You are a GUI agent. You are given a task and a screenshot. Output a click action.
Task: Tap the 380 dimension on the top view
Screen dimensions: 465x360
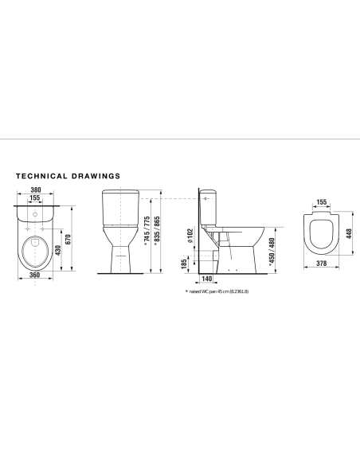36,190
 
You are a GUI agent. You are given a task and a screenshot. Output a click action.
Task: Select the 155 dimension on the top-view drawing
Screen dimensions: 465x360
36,199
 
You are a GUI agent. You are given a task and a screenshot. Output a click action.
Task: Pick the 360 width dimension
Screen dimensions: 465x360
34,275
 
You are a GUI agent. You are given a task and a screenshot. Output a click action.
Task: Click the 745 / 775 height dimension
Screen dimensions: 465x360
145,232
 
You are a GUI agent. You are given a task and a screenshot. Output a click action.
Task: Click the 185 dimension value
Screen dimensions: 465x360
186,262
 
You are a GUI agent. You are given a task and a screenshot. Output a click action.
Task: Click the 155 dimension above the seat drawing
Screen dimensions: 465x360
321,203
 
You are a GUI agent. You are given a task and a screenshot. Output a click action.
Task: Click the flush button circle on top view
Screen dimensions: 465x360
37,214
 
